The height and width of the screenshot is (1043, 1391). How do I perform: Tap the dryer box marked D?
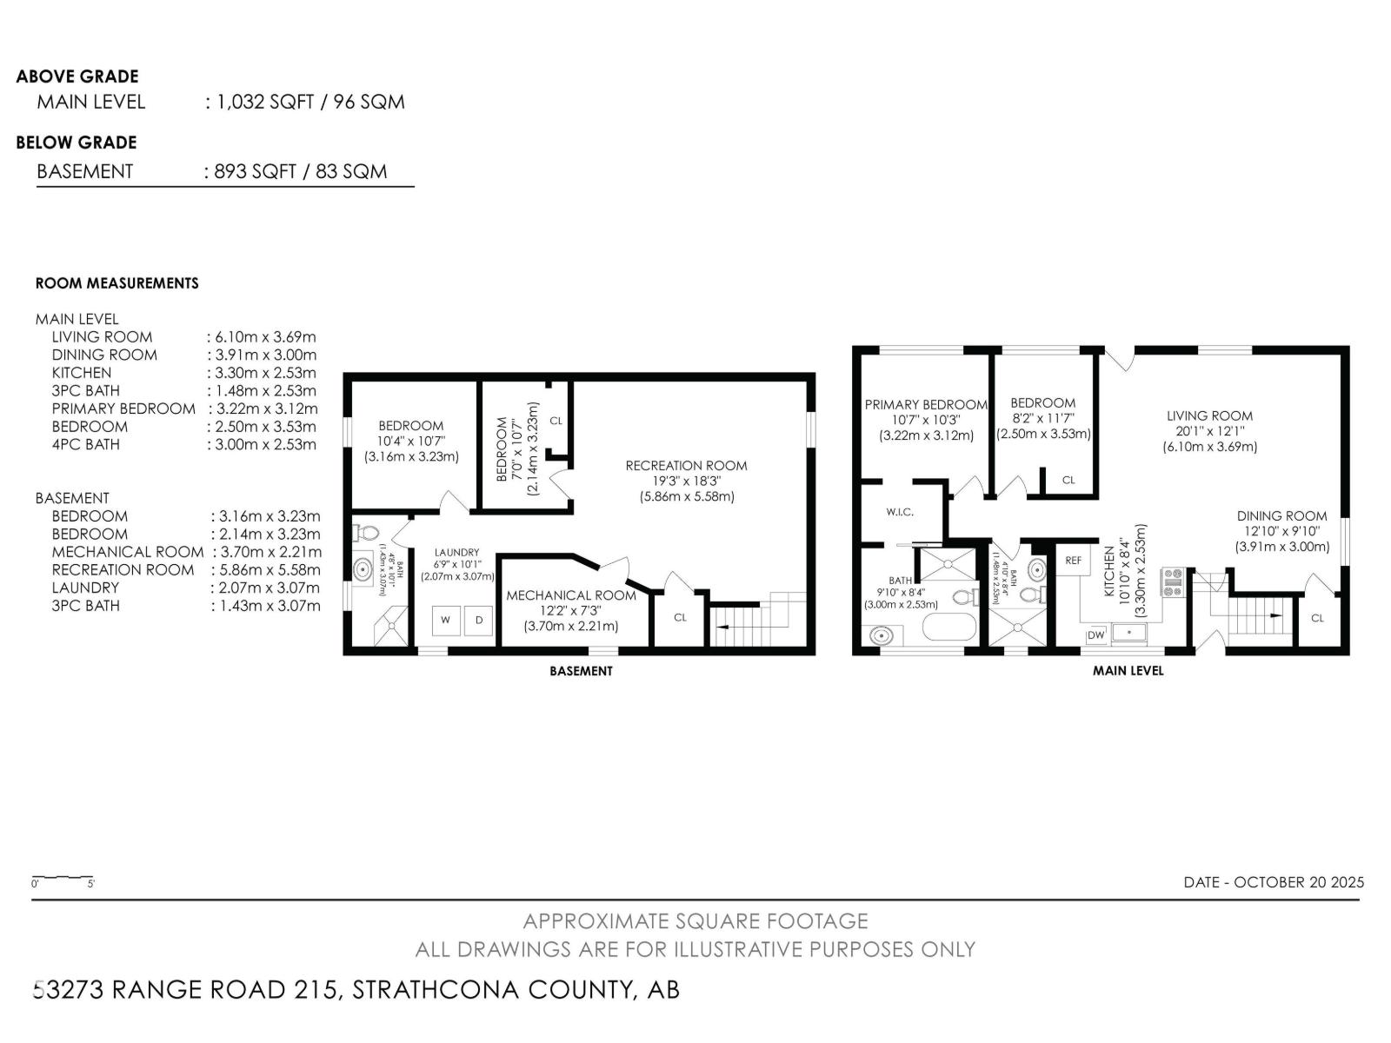pos(478,621)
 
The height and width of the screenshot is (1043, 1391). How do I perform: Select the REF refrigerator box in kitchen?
pos(1074,561)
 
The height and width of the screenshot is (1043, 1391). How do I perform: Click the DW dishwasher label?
pos(1095,635)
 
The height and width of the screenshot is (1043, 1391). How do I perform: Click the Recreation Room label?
pos(686,466)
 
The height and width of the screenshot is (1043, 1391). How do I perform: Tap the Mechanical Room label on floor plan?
pos(571,595)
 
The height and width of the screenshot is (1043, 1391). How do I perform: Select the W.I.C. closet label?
pos(900,512)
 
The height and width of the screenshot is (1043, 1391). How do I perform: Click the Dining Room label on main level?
pos(1282,515)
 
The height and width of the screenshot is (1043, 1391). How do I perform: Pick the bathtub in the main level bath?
pos(949,628)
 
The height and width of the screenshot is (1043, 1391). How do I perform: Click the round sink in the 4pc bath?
pos(882,636)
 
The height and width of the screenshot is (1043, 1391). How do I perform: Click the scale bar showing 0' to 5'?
pos(63,878)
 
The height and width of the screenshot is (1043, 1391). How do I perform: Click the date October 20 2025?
pos(1274,881)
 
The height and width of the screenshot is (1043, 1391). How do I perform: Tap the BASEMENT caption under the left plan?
pos(581,671)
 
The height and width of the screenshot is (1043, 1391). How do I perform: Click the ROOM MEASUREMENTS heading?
pos(117,283)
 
